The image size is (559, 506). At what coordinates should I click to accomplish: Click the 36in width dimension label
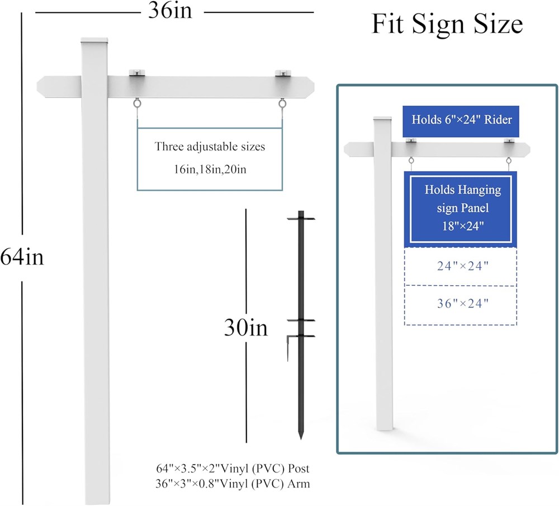coord(170,11)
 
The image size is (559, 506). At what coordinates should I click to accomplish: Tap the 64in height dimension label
coord(22,257)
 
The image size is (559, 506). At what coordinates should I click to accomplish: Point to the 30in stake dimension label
coord(245,327)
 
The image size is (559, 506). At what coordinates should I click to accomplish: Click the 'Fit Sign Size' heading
coord(447,24)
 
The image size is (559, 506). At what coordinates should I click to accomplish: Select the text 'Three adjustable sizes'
coord(210,146)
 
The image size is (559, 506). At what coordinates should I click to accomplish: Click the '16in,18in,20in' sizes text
coord(210,169)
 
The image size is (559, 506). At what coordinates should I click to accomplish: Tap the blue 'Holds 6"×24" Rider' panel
coord(461,121)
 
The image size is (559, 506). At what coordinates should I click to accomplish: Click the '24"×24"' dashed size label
coord(462,266)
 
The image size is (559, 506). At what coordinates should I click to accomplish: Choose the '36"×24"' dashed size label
coord(462,304)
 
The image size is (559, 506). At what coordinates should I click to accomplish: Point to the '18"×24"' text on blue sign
coord(463,226)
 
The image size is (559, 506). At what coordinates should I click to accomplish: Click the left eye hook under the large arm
coord(138,104)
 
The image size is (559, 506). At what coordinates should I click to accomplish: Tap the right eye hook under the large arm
coord(282,104)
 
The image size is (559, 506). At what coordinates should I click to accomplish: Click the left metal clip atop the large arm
coord(137,72)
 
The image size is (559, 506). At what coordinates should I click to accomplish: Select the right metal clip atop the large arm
coord(283,73)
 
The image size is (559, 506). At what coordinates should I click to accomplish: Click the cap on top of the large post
coord(94,40)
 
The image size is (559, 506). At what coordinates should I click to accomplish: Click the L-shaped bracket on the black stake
coord(290,347)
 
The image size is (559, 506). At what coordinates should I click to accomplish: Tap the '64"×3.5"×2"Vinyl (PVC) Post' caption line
coord(233,468)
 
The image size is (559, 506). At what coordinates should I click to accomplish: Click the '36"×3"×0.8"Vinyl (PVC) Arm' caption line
coord(233,484)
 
